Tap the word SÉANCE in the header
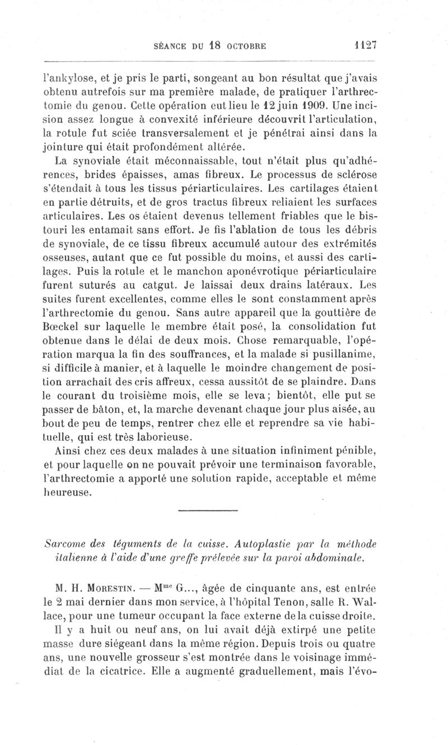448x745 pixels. point(170,46)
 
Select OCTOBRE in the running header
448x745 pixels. point(241,46)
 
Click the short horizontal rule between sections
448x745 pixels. point(208,510)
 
